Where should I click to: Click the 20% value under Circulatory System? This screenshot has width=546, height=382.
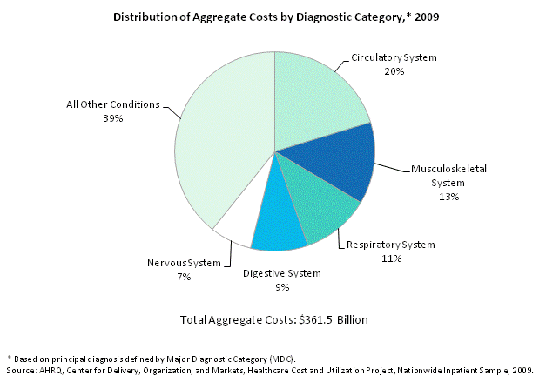393,72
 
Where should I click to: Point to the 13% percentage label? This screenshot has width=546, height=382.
448,196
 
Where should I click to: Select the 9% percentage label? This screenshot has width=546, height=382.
280,288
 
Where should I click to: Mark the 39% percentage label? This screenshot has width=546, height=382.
112,118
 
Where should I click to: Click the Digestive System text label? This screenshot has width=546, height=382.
280,274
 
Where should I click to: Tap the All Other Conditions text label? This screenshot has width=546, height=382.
113,104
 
